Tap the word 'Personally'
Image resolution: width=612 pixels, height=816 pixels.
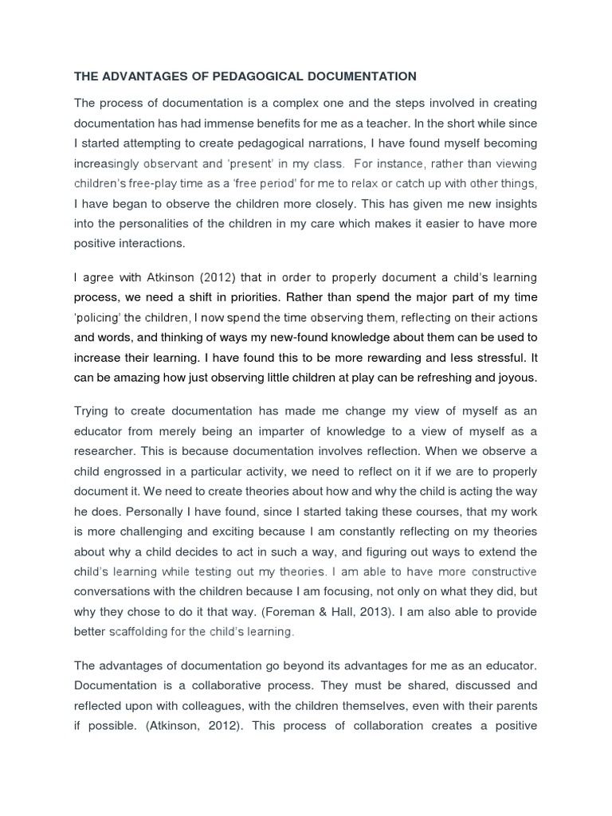pos(144,511)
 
